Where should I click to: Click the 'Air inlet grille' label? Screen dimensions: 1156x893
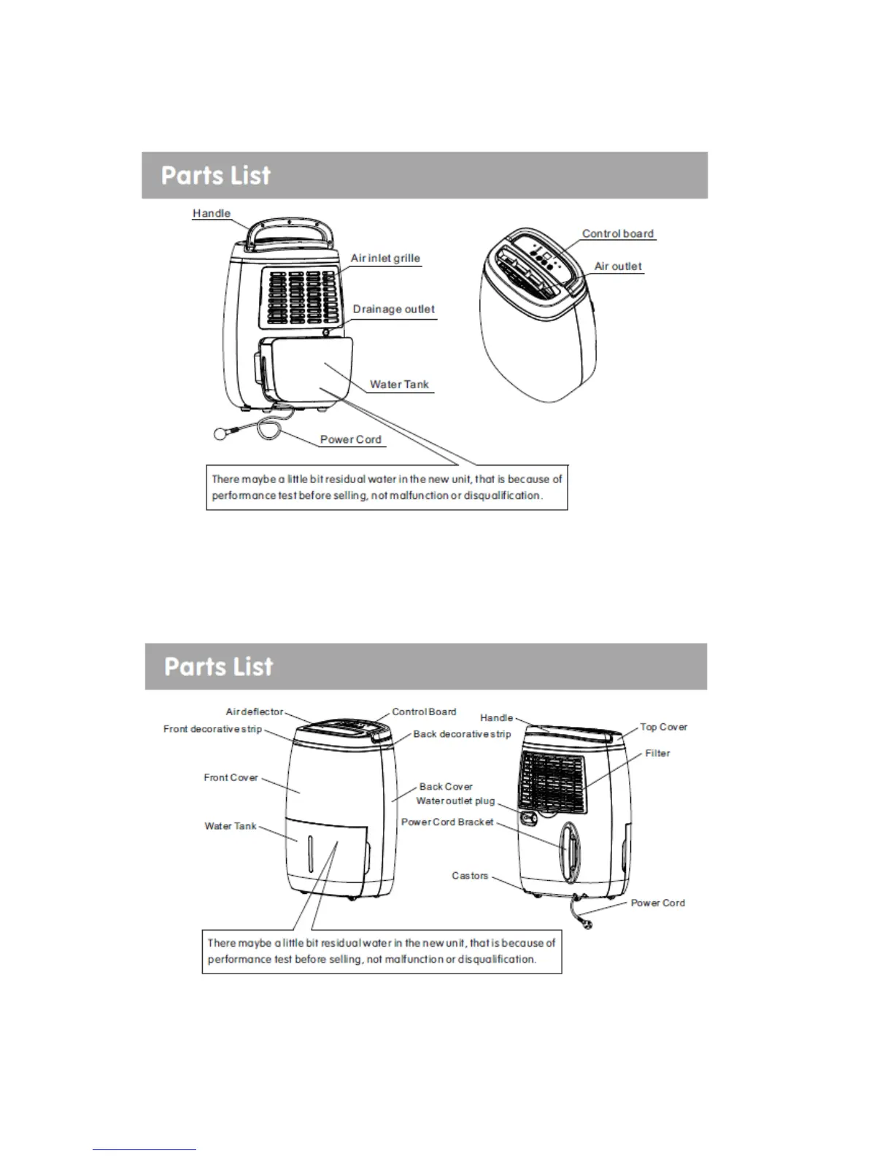coord(385,258)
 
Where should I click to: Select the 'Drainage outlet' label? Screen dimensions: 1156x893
coord(394,309)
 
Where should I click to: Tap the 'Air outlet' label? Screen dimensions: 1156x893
coord(618,266)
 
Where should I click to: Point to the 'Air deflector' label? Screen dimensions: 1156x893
coord(255,712)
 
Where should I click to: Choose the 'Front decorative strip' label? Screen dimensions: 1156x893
coord(212,729)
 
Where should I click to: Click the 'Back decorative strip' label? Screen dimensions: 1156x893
coord(462,734)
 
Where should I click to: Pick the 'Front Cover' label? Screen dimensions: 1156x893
coord(231,778)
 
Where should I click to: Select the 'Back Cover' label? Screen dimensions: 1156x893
coord(446,787)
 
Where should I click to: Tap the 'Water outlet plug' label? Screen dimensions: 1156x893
coord(455,801)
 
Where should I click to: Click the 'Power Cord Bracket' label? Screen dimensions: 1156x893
coord(447,822)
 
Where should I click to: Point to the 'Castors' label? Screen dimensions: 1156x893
coord(470,876)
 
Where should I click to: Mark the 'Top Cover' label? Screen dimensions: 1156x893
coord(663,727)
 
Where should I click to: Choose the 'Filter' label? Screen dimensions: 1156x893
coord(657,753)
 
